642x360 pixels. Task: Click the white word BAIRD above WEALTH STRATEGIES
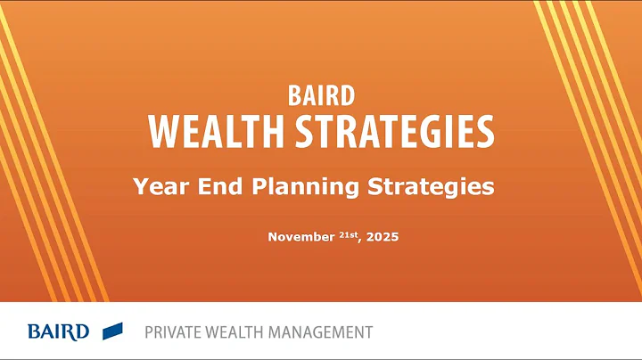320,94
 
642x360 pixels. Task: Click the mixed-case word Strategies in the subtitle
431,188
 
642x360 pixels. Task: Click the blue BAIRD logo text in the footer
58,332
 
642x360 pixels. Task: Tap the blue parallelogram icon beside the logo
112,331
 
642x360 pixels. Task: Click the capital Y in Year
140,187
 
